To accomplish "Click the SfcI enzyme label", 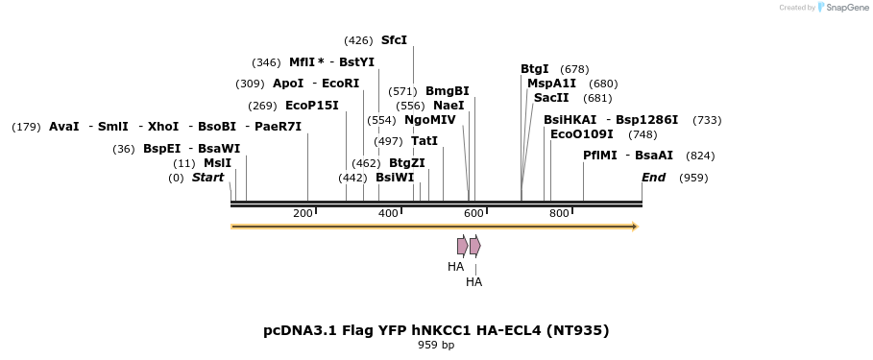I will [x=394, y=40].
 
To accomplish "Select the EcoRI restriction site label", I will [x=340, y=84].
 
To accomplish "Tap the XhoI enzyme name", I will [x=163, y=127].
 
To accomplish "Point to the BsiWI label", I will [x=395, y=178].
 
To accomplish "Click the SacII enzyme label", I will [x=551, y=98].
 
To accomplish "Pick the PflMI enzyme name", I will [x=599, y=156].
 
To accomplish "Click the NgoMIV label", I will [x=429, y=120].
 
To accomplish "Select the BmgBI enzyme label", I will [x=447, y=91].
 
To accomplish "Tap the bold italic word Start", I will [x=207, y=178].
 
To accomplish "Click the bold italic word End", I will [x=653, y=178].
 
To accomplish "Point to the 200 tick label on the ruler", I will [x=303, y=213].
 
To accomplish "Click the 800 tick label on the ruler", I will [x=559, y=213].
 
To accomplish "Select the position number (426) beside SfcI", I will [x=358, y=40].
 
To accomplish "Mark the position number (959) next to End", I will [x=692, y=178].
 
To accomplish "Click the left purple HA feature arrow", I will [x=462, y=246].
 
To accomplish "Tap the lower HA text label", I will [x=473, y=282].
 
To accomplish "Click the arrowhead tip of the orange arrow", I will [x=635, y=227].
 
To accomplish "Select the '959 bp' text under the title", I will [x=436, y=345].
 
